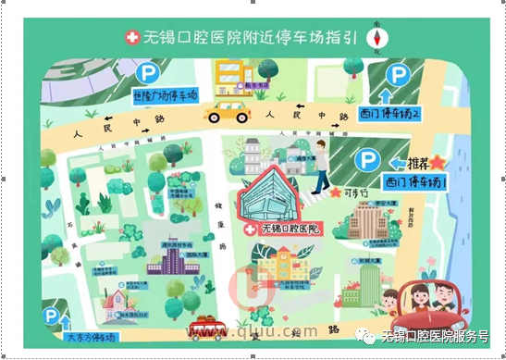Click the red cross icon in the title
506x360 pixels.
click(132, 37)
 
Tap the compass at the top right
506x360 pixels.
click(377, 37)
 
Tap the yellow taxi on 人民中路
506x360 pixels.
click(228, 111)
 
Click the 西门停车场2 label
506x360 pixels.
click(389, 114)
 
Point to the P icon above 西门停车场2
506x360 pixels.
click(399, 75)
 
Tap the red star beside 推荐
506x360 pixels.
click(438, 163)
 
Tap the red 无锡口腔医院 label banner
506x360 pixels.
click(281, 228)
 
